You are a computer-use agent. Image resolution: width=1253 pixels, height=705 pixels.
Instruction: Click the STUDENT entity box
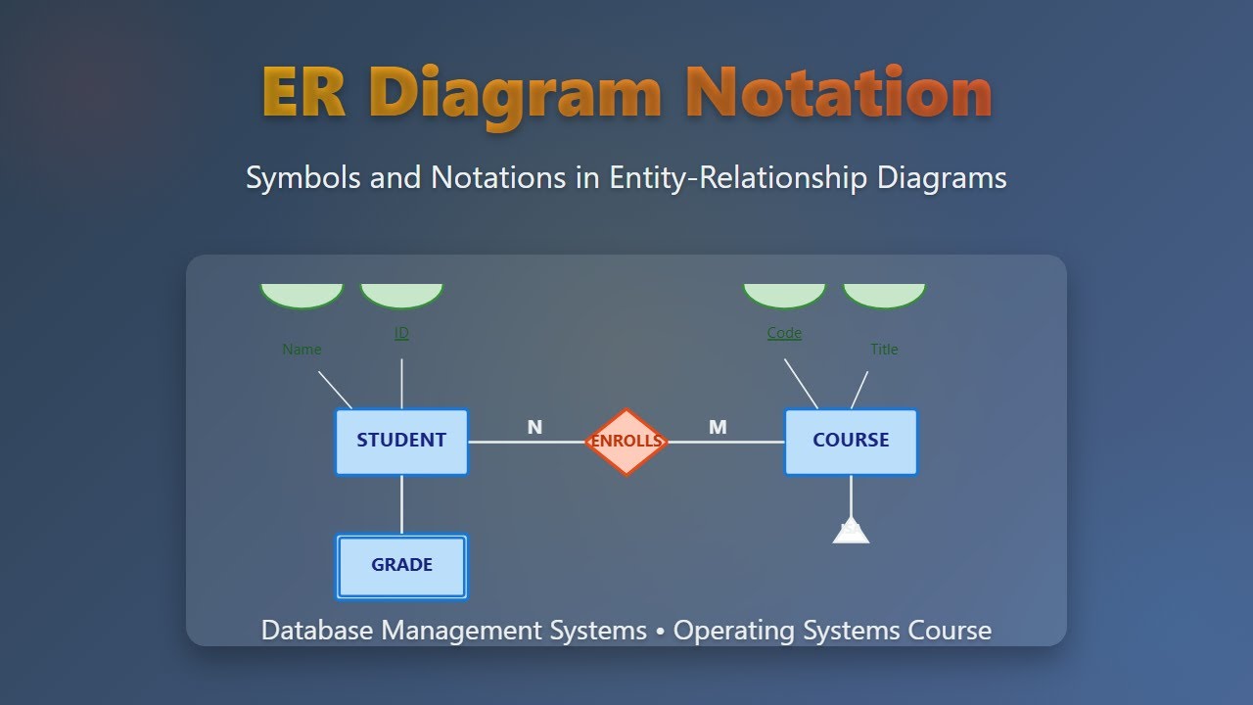tap(401, 442)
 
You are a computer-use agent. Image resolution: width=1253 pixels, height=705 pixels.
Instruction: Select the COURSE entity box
tap(851, 442)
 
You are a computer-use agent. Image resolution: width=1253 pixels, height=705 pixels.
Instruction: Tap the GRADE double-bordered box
tap(401, 566)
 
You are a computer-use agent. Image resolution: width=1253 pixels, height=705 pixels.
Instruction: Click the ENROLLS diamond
tap(626, 442)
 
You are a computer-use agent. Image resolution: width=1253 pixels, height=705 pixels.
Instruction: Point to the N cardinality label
tap(534, 427)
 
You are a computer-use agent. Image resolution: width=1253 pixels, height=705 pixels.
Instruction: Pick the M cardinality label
tap(718, 427)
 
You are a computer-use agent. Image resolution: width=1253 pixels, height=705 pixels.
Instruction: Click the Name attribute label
tap(302, 350)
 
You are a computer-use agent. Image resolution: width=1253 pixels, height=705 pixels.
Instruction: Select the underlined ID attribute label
tap(401, 333)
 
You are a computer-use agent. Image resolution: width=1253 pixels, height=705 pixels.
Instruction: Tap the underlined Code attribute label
tap(784, 333)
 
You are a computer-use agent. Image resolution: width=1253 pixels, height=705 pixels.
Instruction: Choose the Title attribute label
tap(884, 350)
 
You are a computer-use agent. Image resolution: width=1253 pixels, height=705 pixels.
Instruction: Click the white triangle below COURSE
tap(851, 532)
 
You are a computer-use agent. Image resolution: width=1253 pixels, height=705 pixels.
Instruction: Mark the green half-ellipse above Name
tap(302, 295)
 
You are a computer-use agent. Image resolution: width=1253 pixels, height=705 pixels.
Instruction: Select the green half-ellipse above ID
tap(401, 295)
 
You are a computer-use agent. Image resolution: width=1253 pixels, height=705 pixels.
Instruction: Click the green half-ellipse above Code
tap(784, 295)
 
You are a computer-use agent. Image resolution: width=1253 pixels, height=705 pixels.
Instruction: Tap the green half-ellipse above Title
tap(884, 295)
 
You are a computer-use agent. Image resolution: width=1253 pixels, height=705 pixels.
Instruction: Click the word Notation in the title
tap(839, 93)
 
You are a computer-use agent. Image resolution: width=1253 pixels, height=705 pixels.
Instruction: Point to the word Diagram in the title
tap(516, 95)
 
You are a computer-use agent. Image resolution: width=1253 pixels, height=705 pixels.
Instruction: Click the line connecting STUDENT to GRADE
tap(401, 505)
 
